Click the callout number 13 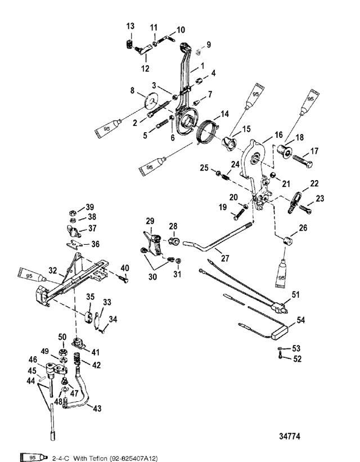(130, 26)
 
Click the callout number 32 (52, 270)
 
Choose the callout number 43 (97, 409)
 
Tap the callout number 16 (279, 136)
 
